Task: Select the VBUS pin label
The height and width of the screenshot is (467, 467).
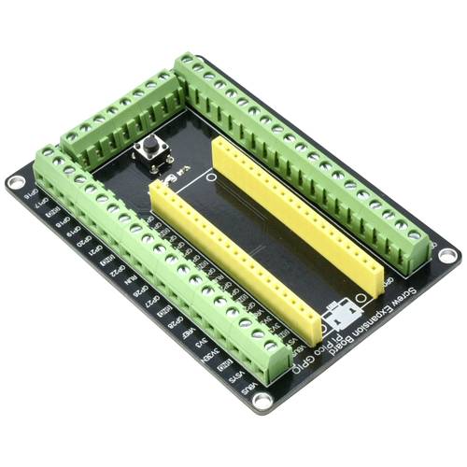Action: [246, 386]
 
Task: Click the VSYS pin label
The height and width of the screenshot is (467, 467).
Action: [233, 375]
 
